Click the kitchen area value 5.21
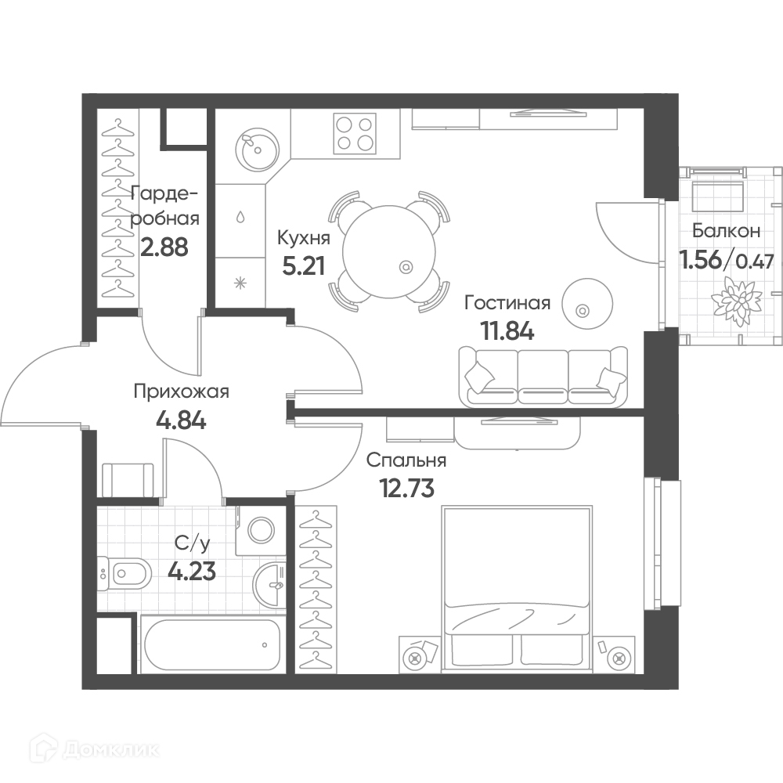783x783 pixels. (x=303, y=265)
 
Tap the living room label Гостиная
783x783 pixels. (x=507, y=303)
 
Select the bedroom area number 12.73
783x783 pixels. (x=407, y=488)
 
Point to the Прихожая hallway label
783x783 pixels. (x=182, y=392)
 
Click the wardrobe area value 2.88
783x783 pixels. (x=164, y=247)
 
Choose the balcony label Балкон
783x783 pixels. (x=727, y=231)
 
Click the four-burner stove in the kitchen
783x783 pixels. (x=355, y=134)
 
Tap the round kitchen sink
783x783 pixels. (x=257, y=148)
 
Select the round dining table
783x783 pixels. (x=385, y=251)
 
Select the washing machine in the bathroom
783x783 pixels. (x=261, y=530)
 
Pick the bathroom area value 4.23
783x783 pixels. (x=192, y=572)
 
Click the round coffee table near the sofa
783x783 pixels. (x=587, y=304)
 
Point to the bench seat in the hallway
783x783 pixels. (x=128, y=480)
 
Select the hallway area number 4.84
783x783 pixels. (x=181, y=420)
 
